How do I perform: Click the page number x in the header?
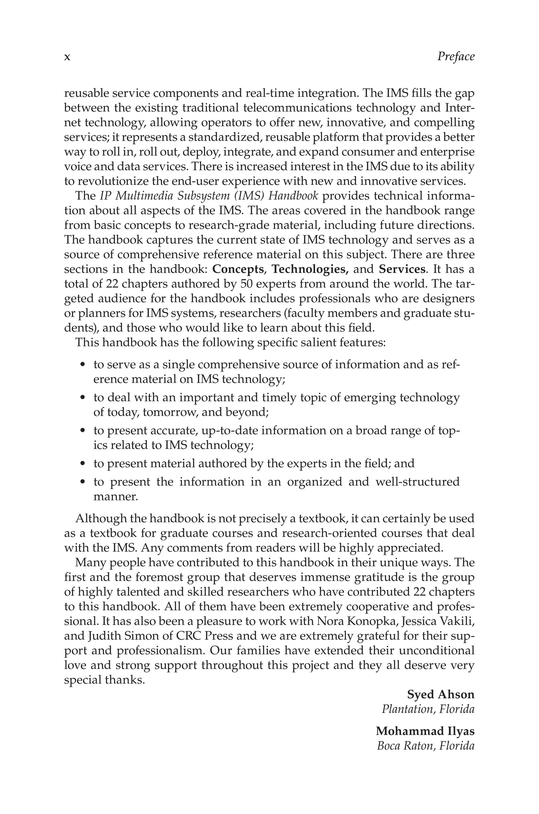(x=67, y=57)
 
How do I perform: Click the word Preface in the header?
(x=456, y=57)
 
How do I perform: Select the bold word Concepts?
(x=238, y=269)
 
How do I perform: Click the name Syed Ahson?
(x=440, y=695)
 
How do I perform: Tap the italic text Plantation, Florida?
(x=428, y=709)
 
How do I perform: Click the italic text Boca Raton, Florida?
(x=426, y=746)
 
